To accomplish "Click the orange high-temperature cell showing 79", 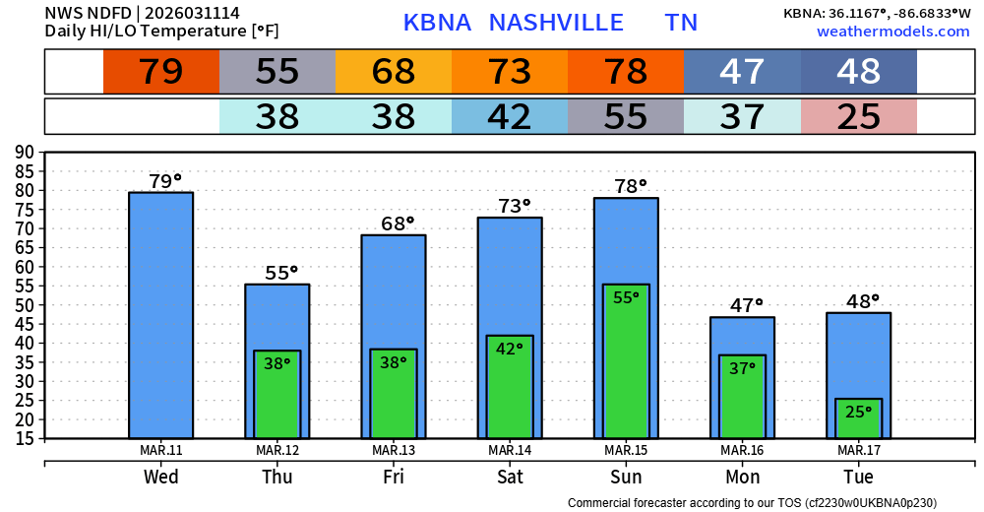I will [161, 72].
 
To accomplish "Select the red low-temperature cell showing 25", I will [858, 117].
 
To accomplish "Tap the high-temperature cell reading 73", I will [510, 72].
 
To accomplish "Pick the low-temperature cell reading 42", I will [510, 117].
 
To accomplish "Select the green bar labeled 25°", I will [858, 418].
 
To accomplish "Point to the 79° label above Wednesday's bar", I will [164, 181].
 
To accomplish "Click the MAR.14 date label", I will [510, 451].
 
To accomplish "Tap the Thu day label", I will [277, 477].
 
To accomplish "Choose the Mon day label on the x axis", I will [742, 477].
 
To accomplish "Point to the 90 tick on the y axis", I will [24, 152].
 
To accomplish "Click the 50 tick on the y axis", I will [24, 305].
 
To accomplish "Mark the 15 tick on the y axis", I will [24, 439].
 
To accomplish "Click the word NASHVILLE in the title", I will [556, 23].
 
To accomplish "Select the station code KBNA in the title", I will [437, 23].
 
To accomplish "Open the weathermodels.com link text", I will [892, 32].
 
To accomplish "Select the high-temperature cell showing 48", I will [858, 72].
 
